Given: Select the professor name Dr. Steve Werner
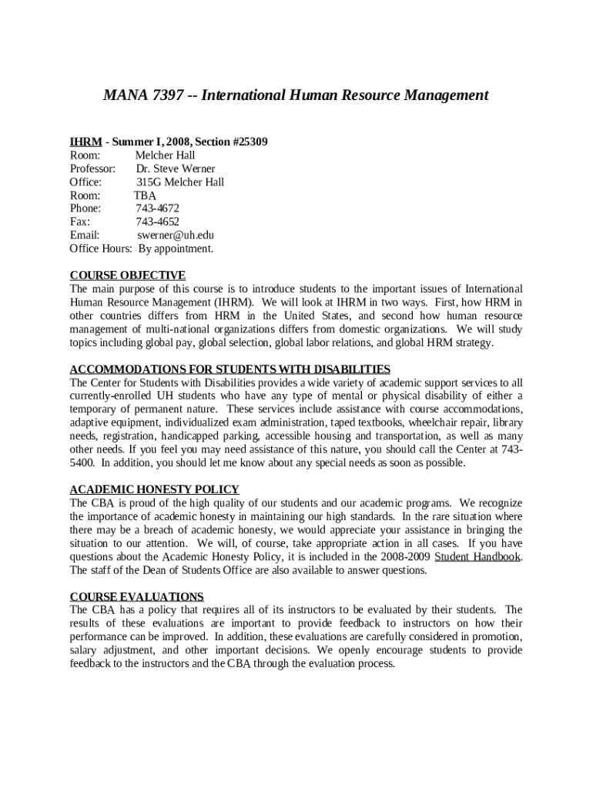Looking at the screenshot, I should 176,169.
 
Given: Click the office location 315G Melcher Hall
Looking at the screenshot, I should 180,182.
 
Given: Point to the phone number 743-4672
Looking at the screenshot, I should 158,209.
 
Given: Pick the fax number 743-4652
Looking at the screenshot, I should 158,222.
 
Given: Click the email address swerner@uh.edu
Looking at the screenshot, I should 176,235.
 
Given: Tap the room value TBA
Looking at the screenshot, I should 145,195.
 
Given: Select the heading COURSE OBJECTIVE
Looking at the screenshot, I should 127,275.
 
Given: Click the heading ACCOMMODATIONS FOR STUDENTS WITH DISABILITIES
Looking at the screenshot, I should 229,369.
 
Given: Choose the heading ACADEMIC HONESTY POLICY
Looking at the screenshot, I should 154,489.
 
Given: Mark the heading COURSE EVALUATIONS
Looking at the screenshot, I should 136,596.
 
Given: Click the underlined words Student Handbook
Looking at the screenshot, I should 477,557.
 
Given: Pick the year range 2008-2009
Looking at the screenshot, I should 406,557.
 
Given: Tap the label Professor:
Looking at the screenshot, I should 92,169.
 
